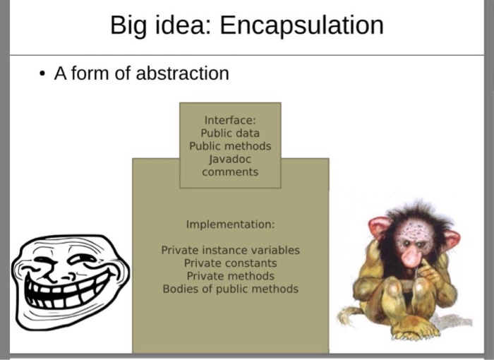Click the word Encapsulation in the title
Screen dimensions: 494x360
click(x=301, y=25)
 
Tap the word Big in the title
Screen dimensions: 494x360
click(x=128, y=26)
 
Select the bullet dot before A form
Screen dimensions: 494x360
click(x=42, y=74)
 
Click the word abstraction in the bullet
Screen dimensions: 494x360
click(x=182, y=73)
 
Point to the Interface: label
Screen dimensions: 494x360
click(x=230, y=120)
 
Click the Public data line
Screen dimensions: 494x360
click(x=230, y=133)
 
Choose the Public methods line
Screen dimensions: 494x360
click(x=230, y=146)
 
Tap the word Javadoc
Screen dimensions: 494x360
click(x=230, y=159)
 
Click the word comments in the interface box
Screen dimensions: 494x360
click(x=230, y=172)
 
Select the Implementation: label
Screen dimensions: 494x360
click(x=230, y=224)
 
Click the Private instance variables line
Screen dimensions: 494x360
click(x=230, y=250)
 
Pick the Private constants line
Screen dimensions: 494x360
click(x=230, y=263)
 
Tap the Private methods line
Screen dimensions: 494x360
click(x=230, y=276)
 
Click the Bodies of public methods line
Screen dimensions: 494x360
click(x=230, y=289)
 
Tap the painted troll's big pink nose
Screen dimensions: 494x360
click(x=411, y=256)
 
